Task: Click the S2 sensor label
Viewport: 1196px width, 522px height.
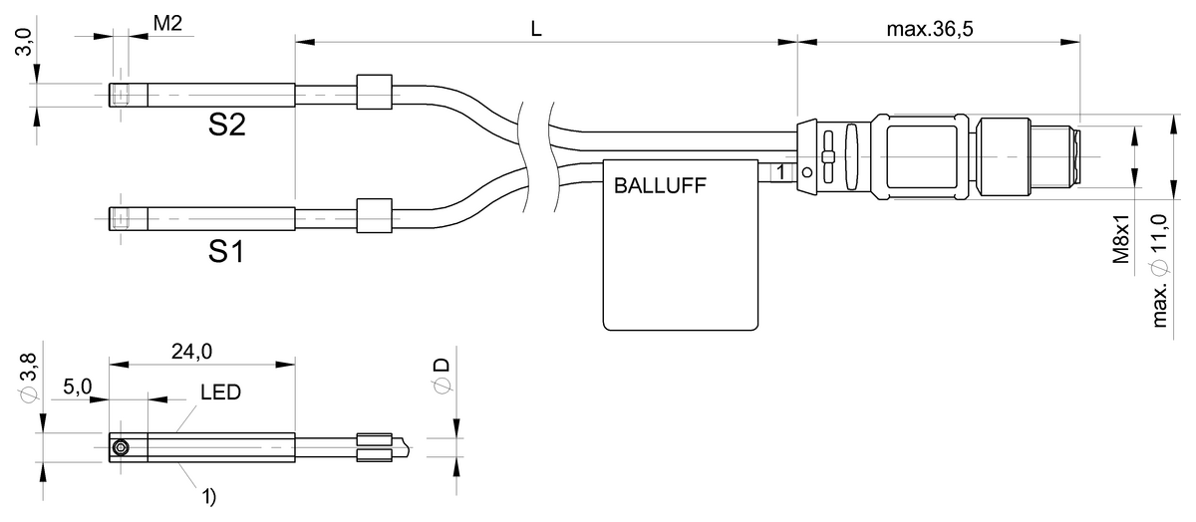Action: click(x=227, y=126)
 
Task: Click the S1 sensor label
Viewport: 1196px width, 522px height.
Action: click(x=226, y=252)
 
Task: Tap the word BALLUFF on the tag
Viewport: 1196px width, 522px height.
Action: click(x=659, y=184)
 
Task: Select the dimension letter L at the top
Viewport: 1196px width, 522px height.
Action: click(x=536, y=29)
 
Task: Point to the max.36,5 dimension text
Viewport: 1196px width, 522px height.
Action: click(x=929, y=29)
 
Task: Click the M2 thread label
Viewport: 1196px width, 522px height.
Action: click(x=166, y=24)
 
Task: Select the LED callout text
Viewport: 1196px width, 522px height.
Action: click(x=220, y=392)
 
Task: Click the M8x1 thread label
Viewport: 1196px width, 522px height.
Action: click(x=1121, y=239)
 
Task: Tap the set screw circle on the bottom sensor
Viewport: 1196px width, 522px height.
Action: click(x=121, y=448)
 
